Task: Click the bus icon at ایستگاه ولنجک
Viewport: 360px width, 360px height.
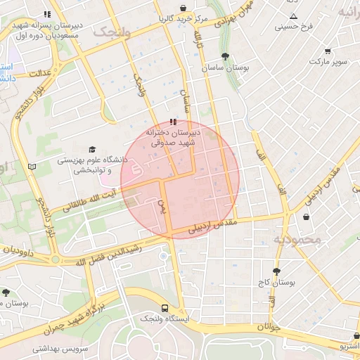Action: [x=165, y=308]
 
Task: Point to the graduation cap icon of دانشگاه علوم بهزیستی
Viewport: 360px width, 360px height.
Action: [x=91, y=149]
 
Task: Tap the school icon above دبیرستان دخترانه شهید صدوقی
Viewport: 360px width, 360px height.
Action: [x=174, y=122]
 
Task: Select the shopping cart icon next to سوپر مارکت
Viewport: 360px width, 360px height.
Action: [x=328, y=51]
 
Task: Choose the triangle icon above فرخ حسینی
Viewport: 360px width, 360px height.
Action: [x=293, y=16]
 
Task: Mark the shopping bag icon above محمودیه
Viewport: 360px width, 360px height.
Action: [x=307, y=217]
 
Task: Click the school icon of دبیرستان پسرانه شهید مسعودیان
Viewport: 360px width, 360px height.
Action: [x=47, y=13]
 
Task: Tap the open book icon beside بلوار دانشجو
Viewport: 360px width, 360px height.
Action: [x=31, y=167]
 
